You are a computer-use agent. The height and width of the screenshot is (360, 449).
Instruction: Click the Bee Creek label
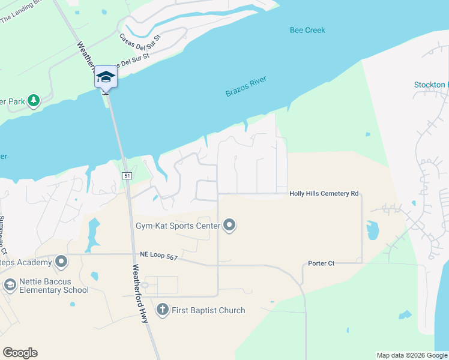(307, 30)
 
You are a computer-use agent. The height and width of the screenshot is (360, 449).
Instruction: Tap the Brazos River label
(246, 86)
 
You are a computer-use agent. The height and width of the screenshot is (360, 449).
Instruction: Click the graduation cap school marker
(106, 77)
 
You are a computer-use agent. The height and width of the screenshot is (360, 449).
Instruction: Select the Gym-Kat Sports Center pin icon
(229, 226)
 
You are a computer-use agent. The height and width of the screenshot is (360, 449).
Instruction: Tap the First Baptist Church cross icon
(162, 310)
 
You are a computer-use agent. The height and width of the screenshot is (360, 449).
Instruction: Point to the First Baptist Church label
(208, 310)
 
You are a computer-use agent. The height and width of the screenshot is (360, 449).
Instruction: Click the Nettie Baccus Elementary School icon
(10, 285)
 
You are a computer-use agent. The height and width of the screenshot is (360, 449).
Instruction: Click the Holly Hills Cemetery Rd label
(324, 194)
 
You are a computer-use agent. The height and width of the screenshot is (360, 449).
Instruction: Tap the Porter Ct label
(321, 263)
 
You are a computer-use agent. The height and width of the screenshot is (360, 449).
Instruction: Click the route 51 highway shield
(126, 175)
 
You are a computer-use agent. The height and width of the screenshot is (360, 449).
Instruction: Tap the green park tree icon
(34, 100)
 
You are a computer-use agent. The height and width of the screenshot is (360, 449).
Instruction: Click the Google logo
(20, 353)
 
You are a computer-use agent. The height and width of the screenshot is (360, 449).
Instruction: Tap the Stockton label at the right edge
(431, 85)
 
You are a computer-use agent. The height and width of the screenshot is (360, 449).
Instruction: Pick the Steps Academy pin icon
(61, 261)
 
